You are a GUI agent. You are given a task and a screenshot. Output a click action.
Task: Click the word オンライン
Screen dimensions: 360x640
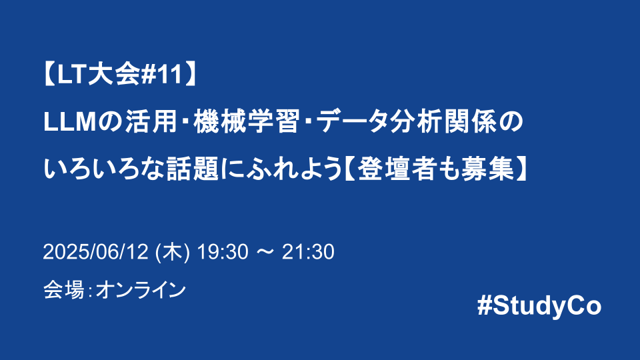[x=140, y=290]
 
